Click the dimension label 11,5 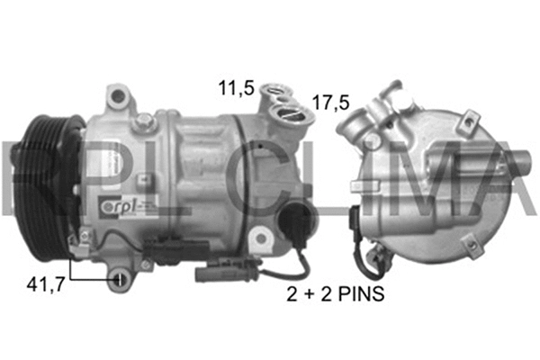coord(235,88)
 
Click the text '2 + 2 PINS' coord(334,294)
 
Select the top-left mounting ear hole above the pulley coord(113,94)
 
